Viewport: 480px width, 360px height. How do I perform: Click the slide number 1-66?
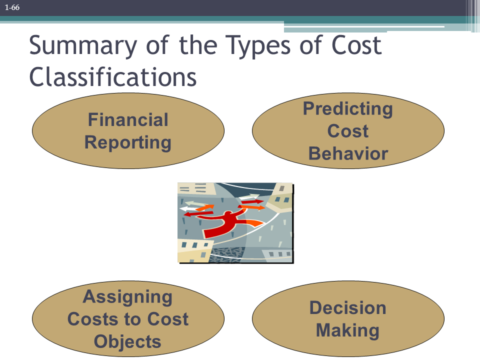pos(12,7)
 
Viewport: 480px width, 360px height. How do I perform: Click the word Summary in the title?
pos(83,46)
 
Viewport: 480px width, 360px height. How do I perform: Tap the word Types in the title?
pos(258,46)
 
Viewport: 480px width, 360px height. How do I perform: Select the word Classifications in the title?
pos(112,77)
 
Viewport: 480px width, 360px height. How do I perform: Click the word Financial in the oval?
pos(128,119)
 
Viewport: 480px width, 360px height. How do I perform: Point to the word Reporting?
pos(128,142)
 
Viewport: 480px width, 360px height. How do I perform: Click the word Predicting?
pos(348,109)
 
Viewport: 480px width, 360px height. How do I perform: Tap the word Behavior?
pos(348,153)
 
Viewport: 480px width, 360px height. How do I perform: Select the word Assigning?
pos(127,297)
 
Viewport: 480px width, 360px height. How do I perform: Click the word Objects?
pos(127,341)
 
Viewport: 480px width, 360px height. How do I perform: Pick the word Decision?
pos(348,307)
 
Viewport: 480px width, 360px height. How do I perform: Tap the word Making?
pos(348,330)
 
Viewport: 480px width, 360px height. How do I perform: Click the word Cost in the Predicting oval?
pos(348,131)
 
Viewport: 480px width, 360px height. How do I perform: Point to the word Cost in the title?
pos(356,45)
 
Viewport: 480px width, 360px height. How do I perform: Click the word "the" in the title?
pos(198,45)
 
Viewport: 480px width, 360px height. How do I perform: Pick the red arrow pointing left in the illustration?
pos(198,213)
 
